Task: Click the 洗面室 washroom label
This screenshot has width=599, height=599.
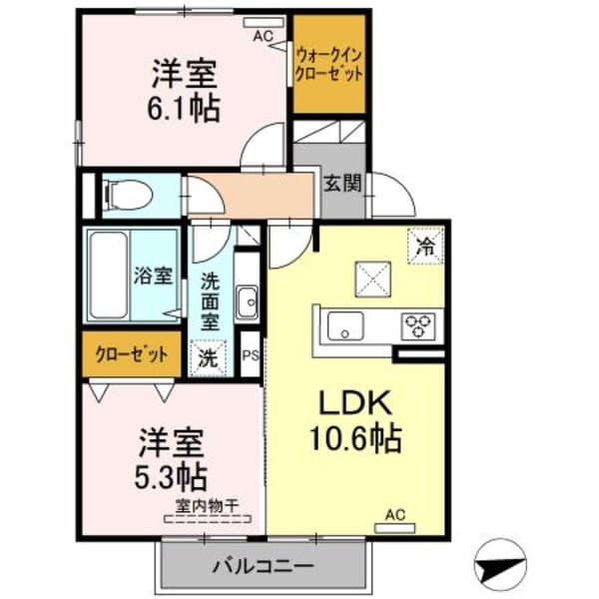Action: (x=211, y=300)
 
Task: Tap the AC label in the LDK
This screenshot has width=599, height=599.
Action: (x=394, y=515)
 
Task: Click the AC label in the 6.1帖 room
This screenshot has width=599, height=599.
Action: (x=263, y=36)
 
